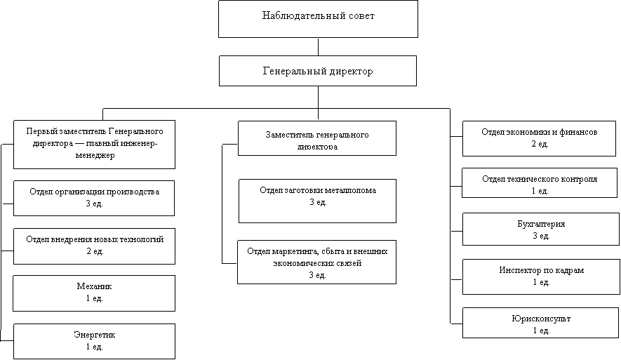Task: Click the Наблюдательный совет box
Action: [x=318, y=19]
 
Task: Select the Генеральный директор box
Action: [x=318, y=71]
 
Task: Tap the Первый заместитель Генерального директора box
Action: [x=94, y=144]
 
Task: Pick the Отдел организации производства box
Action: [x=94, y=198]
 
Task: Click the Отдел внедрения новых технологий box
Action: [x=94, y=246]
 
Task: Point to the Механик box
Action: [x=94, y=293]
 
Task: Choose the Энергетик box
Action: [x=94, y=341]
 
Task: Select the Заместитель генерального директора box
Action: [x=317, y=138]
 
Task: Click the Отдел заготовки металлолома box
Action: [x=317, y=201]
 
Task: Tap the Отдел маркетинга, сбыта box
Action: [x=317, y=262]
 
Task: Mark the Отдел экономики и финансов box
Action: [x=540, y=138]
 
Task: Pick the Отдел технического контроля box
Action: [x=540, y=183]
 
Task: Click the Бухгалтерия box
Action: [x=540, y=229]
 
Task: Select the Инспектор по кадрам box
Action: [x=540, y=276]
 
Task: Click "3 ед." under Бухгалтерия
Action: [x=540, y=236]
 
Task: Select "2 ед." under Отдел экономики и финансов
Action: [x=540, y=144]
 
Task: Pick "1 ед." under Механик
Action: [x=94, y=299]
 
